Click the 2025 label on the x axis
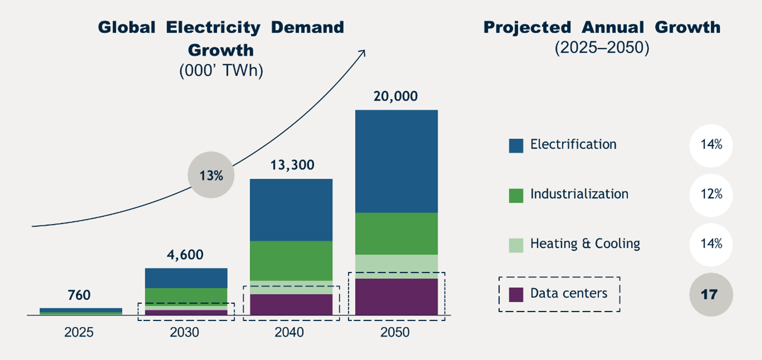(x=79, y=332)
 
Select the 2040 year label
(x=290, y=332)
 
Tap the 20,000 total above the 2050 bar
(x=395, y=96)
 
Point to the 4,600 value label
(x=185, y=255)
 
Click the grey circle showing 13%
(x=211, y=176)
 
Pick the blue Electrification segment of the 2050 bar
(x=396, y=162)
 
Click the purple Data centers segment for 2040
(x=291, y=304)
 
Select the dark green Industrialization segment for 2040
(x=291, y=260)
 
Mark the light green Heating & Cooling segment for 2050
(x=396, y=266)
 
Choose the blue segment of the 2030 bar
(x=186, y=278)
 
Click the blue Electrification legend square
(x=516, y=145)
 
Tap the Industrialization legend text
(x=579, y=194)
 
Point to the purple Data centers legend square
(x=516, y=294)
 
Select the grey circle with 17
(x=711, y=294)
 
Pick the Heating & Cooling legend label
(x=585, y=244)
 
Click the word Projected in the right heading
(x=527, y=27)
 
